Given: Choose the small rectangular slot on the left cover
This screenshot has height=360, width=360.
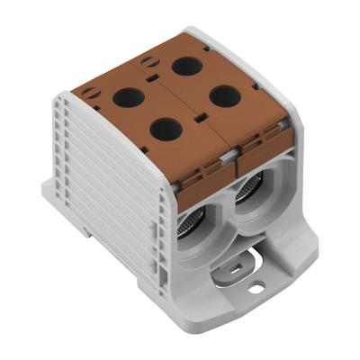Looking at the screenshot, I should pyautogui.click(x=202, y=168).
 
